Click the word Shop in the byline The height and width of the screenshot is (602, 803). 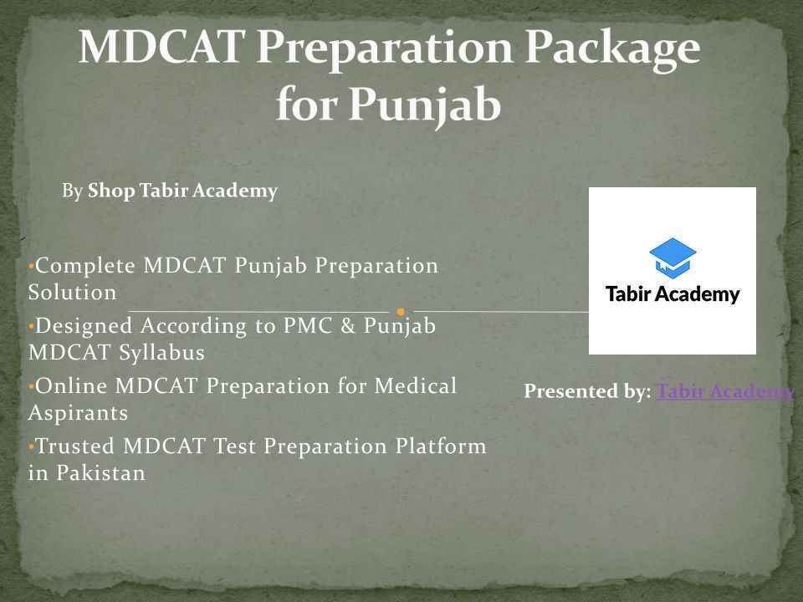(111, 191)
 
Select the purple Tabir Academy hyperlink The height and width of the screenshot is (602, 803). (725, 391)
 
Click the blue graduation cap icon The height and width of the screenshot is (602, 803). (673, 258)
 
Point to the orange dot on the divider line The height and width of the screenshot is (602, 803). (401, 312)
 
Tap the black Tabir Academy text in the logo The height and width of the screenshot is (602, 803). (673, 294)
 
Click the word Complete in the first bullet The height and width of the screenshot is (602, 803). (85, 266)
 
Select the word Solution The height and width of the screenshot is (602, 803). (72, 293)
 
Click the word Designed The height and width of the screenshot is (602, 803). (84, 327)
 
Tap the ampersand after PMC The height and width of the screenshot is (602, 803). (348, 325)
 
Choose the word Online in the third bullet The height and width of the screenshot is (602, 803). (71, 386)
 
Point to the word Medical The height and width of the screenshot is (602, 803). (416, 386)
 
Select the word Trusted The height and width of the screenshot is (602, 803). (74, 446)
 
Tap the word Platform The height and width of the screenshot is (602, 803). (441, 446)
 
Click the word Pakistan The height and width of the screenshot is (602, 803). (101, 473)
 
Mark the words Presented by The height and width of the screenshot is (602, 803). (587, 391)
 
